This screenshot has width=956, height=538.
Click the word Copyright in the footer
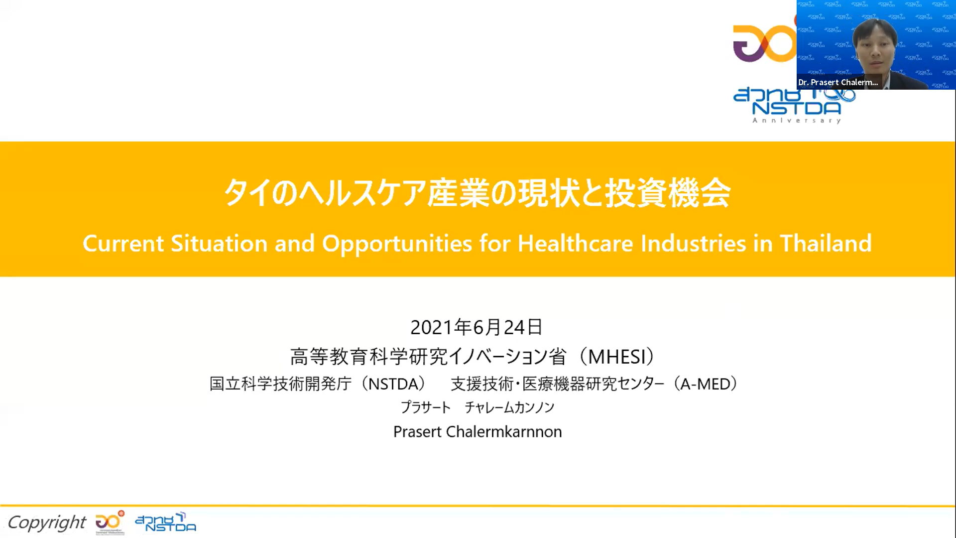pyautogui.click(x=47, y=523)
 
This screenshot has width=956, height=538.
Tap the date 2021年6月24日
pyautogui.click(x=477, y=327)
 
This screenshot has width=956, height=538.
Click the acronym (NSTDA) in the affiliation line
pyautogui.click(x=394, y=384)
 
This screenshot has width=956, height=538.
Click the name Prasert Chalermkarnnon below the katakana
pyautogui.click(x=478, y=431)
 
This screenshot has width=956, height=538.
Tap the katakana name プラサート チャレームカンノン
pyautogui.click(x=478, y=407)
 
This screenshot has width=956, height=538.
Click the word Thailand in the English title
pyautogui.click(x=826, y=244)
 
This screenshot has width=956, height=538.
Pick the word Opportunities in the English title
pyautogui.click(x=397, y=244)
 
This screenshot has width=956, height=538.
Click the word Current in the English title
pyautogui.click(x=123, y=244)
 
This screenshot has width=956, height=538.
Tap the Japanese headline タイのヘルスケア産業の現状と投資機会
pyautogui.click(x=477, y=193)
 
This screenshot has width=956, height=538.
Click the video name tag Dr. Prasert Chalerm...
pyautogui.click(x=838, y=82)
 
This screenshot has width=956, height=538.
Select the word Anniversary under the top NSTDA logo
pyautogui.click(x=797, y=120)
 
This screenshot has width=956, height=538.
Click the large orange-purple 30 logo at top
pyautogui.click(x=765, y=43)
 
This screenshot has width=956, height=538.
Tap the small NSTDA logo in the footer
pyautogui.click(x=166, y=522)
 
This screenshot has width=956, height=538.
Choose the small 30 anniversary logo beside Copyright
pyautogui.click(x=110, y=522)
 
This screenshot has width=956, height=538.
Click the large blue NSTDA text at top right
pyautogui.click(x=796, y=108)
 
